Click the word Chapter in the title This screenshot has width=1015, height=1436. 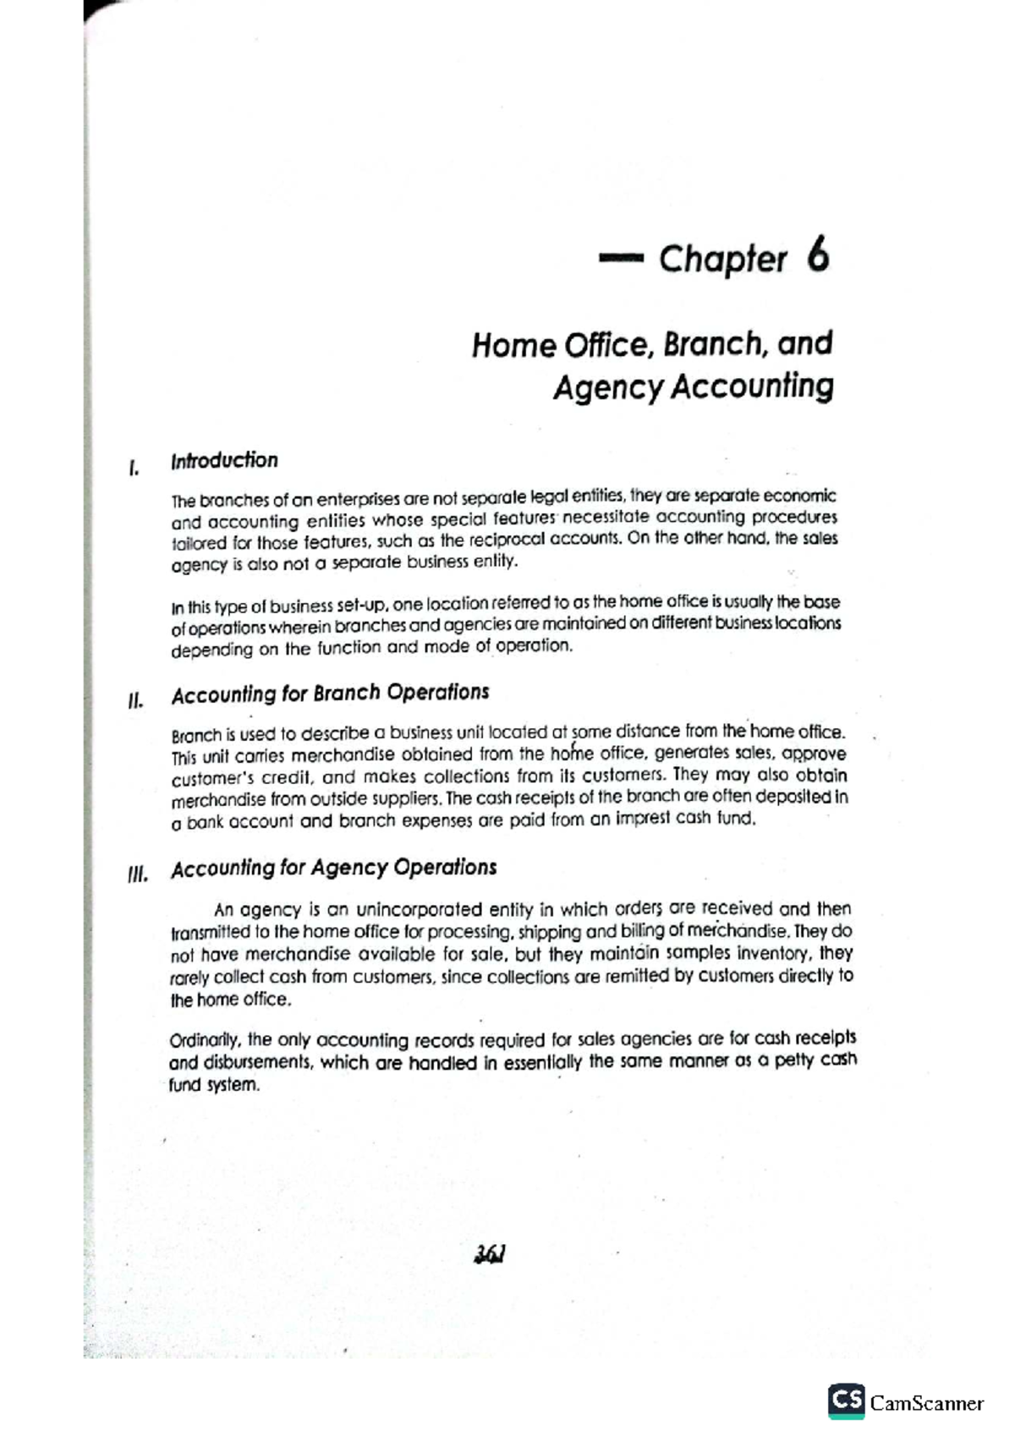click(723, 260)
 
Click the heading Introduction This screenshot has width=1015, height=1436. click(224, 461)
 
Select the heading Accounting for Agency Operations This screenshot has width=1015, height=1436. click(333, 869)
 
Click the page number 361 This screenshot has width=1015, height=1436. click(490, 1255)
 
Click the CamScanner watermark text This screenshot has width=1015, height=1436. click(927, 1403)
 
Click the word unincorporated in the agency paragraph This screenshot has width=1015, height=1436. click(420, 911)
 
